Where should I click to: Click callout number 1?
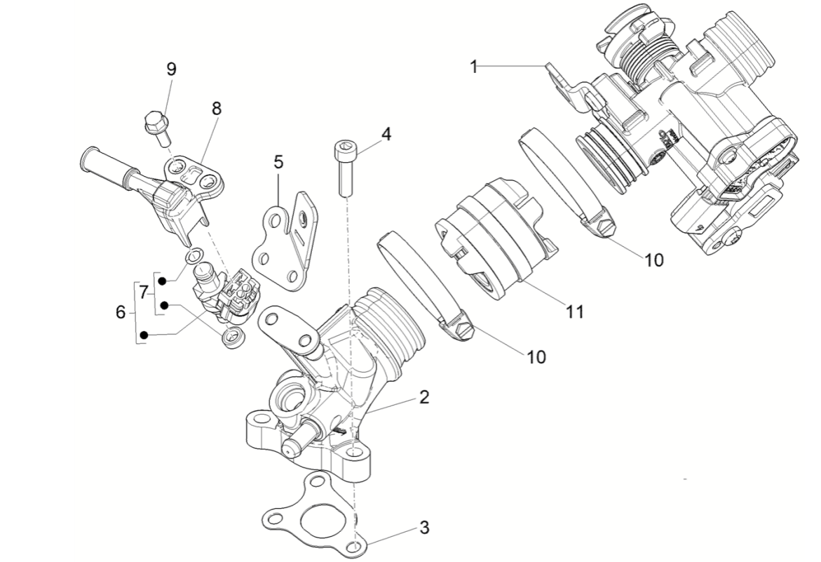[x=474, y=67]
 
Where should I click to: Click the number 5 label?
[x=279, y=163]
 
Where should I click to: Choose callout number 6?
[x=121, y=312]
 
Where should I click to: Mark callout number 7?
[x=144, y=290]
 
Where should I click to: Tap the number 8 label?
[x=216, y=108]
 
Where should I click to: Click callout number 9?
[x=171, y=69]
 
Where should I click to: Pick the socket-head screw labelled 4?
[x=343, y=167]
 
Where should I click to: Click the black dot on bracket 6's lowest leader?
[x=144, y=336]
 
